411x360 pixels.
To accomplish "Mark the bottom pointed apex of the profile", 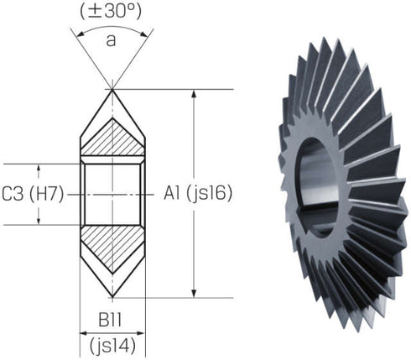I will pyautogui.click(x=112, y=297).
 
